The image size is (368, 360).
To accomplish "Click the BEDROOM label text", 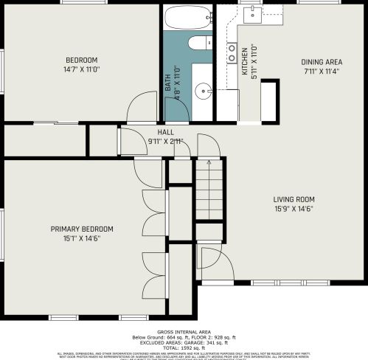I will [x=82, y=60].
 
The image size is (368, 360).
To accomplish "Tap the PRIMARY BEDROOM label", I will [x=81, y=229].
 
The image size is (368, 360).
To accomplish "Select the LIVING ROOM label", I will [x=294, y=199].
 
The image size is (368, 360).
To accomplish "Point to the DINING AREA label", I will [x=322, y=62].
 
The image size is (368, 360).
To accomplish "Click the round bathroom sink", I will [x=203, y=91].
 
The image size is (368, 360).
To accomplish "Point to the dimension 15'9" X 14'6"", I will [x=294, y=209].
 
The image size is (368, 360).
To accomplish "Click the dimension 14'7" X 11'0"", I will [x=82, y=69].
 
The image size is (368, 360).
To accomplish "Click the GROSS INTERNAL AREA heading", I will [x=184, y=332].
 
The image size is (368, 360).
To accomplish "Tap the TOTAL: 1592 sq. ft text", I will [x=184, y=347].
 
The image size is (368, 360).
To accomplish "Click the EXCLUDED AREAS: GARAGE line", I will [x=184, y=342].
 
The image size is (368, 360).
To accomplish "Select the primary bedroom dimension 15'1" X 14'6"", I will [x=81, y=238].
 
